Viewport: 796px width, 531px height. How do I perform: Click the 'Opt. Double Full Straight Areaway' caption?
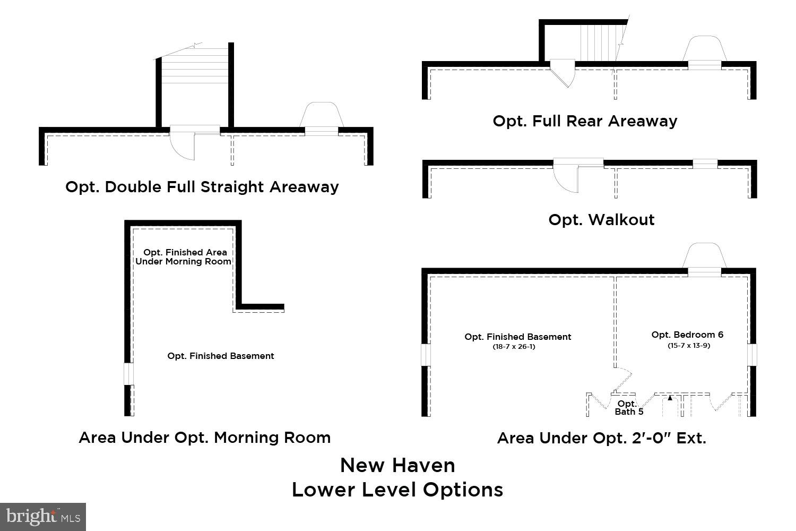(x=202, y=187)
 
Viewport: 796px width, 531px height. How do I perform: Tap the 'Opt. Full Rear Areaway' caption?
(x=585, y=121)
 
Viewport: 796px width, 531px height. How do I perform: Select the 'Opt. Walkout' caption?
(x=601, y=220)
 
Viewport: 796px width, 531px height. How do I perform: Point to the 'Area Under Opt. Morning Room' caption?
(x=204, y=438)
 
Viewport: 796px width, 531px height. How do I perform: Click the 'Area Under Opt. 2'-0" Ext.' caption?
(x=601, y=438)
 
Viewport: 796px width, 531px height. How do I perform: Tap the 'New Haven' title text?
(x=397, y=466)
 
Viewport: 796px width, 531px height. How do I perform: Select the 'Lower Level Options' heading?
(x=397, y=490)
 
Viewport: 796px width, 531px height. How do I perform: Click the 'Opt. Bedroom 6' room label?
(x=687, y=335)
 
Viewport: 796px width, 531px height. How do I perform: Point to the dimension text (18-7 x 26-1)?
(x=517, y=347)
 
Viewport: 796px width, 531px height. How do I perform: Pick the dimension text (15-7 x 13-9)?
(x=688, y=346)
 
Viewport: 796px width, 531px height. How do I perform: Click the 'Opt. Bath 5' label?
(x=629, y=408)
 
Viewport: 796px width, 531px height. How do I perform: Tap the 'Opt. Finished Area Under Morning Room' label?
(x=184, y=257)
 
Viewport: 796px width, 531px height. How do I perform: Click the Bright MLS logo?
(x=43, y=516)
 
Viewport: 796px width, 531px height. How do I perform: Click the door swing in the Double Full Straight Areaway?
(x=182, y=146)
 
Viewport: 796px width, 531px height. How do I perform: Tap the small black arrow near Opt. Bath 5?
(x=670, y=397)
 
